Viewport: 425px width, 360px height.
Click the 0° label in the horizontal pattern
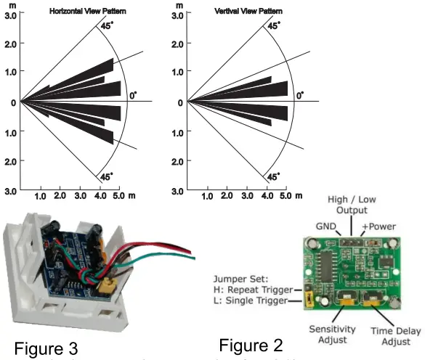coord(133,95)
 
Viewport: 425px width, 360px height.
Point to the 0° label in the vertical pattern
coord(299,94)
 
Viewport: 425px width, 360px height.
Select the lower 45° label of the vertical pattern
coord(272,176)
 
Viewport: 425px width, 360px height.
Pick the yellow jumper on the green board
coord(307,298)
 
